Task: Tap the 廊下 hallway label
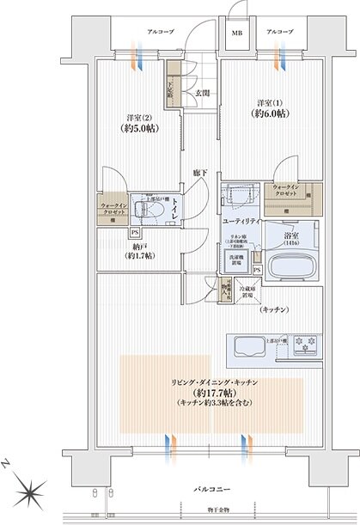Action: (199, 170)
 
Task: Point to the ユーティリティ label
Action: (239, 222)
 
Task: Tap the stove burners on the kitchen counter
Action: (303, 347)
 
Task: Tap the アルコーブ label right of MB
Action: (279, 32)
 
